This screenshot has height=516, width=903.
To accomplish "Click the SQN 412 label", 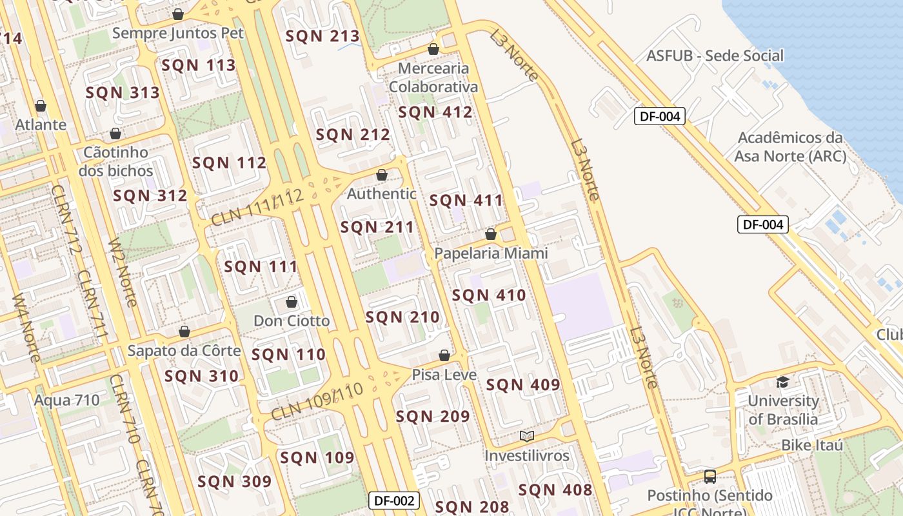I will (x=435, y=112).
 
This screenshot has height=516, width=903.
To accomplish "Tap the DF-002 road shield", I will (x=394, y=501).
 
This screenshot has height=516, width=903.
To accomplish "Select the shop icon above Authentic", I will (x=382, y=175).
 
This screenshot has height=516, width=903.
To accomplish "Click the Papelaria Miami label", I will (x=491, y=253).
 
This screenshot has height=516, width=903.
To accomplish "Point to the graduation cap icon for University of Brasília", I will (x=782, y=382).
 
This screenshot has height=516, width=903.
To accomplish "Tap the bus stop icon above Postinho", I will (x=709, y=477).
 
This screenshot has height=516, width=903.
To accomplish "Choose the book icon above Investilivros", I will (x=527, y=436).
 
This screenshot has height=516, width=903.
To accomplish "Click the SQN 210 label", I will (x=402, y=317).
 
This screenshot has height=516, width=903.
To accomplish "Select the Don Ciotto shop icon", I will (x=292, y=302).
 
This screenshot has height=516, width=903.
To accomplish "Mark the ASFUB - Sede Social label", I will (x=715, y=55).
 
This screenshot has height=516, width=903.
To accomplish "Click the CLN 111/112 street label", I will (x=257, y=208).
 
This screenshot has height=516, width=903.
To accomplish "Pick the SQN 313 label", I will (x=123, y=93).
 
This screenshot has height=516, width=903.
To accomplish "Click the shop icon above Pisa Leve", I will (x=444, y=355).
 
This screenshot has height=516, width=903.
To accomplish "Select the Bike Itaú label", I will (x=812, y=445).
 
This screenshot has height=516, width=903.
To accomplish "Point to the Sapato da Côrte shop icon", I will (x=184, y=332).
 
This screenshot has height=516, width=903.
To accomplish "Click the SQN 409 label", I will (x=523, y=385).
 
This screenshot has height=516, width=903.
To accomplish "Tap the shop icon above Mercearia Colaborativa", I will (x=433, y=49).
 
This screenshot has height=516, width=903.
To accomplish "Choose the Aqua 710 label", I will (x=67, y=400).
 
